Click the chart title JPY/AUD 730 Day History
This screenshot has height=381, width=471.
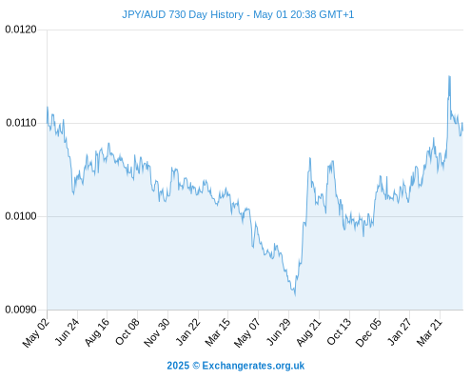coord(183,14)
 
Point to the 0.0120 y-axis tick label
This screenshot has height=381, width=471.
coord(21,30)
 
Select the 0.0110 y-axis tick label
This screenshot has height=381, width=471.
coord(21,123)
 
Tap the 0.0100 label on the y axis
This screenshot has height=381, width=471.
coord(21,216)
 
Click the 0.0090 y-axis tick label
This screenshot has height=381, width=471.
coord(21,310)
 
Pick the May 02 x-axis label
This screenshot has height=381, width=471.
coord(36,332)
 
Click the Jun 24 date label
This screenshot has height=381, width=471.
coord(67,331)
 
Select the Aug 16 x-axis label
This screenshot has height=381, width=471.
coord(97,332)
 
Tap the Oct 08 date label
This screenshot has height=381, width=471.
coord(127,331)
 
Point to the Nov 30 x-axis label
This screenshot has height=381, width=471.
coord(157,332)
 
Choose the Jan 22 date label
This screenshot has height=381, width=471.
coord(187,331)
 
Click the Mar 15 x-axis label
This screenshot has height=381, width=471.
coord(217,332)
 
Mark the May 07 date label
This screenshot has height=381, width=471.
coord(247,332)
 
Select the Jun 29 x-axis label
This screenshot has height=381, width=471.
coord(279,331)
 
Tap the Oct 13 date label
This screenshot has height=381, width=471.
coord(339,331)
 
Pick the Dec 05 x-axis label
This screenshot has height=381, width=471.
coord(368,332)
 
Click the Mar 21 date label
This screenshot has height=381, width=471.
coord(429,332)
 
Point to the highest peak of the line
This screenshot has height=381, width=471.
coord(449,76)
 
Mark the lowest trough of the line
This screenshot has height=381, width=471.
coord(295,295)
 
